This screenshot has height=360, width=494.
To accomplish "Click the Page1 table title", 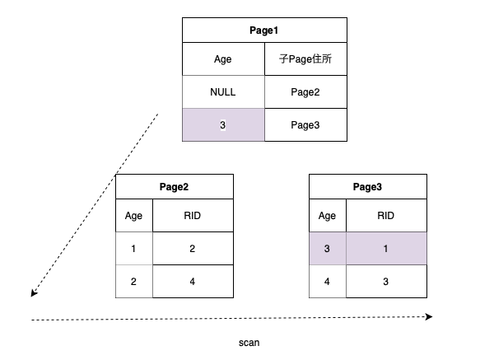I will tap(264, 30).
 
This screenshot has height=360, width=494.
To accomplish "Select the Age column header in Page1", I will tap(223, 59).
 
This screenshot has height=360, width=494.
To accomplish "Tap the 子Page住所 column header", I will tap(305, 59).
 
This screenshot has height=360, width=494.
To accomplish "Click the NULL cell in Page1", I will tap(223, 92).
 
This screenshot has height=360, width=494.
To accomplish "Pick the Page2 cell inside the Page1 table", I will tap(305, 92).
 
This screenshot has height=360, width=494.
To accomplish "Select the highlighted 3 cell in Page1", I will tap(223, 124).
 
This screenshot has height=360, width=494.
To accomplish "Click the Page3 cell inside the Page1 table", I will tap(305, 124).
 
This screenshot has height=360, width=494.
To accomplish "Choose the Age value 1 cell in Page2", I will tap(133, 248).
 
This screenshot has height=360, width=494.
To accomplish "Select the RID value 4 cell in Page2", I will tap(192, 281).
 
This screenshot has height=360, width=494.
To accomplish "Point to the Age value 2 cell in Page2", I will tap(133, 281).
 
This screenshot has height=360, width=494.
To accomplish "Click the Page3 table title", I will tap(367, 187).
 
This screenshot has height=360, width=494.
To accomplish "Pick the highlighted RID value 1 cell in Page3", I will tap(385, 248).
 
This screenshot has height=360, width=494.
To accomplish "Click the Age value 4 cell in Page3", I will tap(327, 281).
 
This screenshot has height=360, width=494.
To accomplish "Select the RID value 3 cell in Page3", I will tap(385, 281).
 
